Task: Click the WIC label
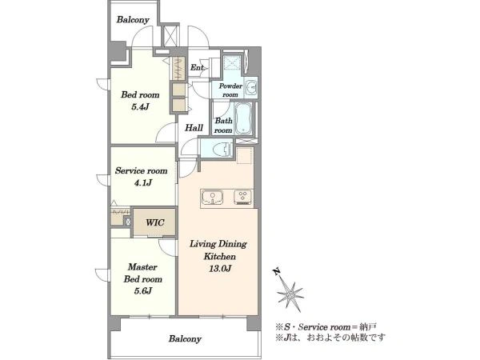coord(155,222)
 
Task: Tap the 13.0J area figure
coord(220,269)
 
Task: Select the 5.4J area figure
coord(140,107)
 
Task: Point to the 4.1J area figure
coord(142,182)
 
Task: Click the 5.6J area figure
coord(142,291)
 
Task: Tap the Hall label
coord(194,128)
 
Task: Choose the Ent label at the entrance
coord(197,67)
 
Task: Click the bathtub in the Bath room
coord(243,118)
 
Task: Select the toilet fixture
coord(222,149)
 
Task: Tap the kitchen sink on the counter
coord(212,197)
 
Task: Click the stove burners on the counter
coord(242,197)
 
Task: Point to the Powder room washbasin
coord(252,87)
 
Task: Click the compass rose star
coord(290,295)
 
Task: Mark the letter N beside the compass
coord(277,271)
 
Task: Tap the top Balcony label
coord(133,20)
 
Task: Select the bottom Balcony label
coord(185,339)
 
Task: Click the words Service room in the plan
coord(141,170)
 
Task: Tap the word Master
coord(142,267)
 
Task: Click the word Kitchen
coord(219,257)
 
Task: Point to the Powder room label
coord(230,90)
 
